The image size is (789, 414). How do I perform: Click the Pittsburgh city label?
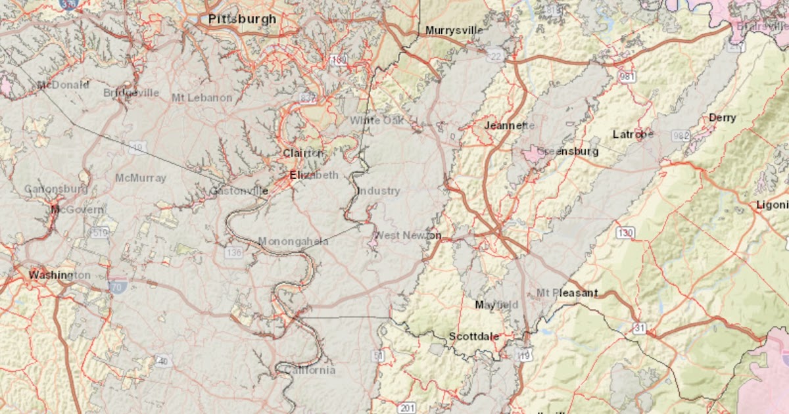pyautogui.click(x=242, y=19)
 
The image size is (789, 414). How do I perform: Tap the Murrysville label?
pyautogui.click(x=454, y=30)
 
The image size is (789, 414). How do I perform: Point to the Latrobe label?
pyautogui.click(x=633, y=134)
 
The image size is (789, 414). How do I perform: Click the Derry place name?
pyautogui.click(x=722, y=118)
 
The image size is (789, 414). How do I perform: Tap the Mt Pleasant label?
pyautogui.click(x=567, y=292)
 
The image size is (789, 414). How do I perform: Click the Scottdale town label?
pyautogui.click(x=473, y=336)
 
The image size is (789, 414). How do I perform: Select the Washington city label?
pyautogui.click(x=59, y=275)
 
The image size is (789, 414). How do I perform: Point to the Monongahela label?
pyautogui.click(x=293, y=241)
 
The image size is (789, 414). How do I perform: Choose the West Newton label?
pyautogui.click(x=407, y=235)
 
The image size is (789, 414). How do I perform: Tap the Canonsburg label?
pyautogui.click(x=56, y=189)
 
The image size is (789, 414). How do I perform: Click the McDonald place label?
pyautogui.click(x=62, y=85)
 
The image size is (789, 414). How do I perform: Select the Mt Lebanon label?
pyautogui.click(x=201, y=97)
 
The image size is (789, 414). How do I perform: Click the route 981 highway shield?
pyautogui.click(x=627, y=77)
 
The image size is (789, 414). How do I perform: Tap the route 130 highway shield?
pyautogui.click(x=625, y=233)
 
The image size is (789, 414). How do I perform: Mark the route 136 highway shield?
pyautogui.click(x=233, y=252)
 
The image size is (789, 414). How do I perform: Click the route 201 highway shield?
pyautogui.click(x=406, y=408)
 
